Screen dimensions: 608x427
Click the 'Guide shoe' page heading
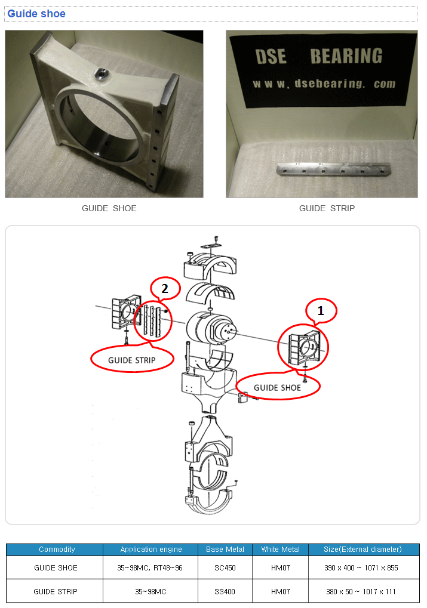click(x=36, y=14)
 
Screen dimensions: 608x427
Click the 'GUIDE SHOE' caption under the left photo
click(x=109, y=208)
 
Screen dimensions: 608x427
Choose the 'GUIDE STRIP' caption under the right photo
click(x=327, y=208)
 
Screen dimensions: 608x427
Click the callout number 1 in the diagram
click(x=321, y=310)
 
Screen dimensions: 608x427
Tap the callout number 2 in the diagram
click(x=165, y=289)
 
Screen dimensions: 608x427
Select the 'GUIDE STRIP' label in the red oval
click(x=131, y=360)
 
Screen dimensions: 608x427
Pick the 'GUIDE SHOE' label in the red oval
click(x=278, y=387)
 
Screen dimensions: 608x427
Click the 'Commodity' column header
click(x=57, y=550)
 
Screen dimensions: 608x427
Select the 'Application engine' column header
click(x=150, y=550)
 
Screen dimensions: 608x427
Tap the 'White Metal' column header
click(x=280, y=550)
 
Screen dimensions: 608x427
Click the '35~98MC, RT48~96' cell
click(x=150, y=568)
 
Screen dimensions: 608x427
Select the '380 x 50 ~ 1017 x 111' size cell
click(x=361, y=591)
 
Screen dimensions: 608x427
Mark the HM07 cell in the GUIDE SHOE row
click(x=280, y=568)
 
